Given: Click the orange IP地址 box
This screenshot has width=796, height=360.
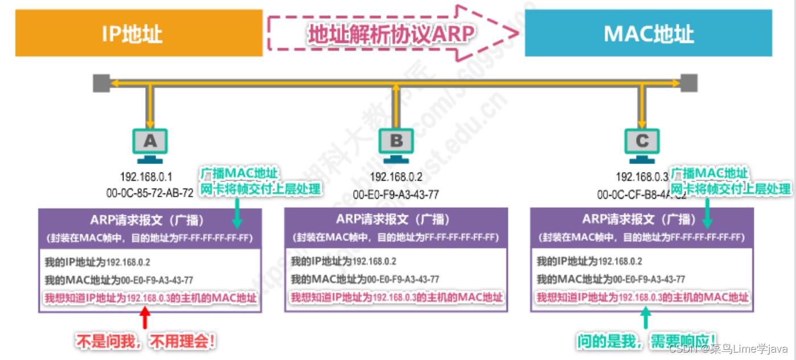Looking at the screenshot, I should tap(138, 33).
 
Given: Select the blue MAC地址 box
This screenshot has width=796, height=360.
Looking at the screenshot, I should tap(648, 33).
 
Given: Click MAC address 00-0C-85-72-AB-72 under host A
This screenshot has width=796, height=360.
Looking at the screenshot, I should tap(150, 193).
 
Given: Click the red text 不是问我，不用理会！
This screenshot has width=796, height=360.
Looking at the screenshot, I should tap(146, 342).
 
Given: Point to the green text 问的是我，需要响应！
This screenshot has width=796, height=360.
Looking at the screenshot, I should tap(646, 342).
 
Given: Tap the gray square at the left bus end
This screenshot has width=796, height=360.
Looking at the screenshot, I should tap(101, 83).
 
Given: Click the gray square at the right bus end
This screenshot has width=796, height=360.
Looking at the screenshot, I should tap(689, 83).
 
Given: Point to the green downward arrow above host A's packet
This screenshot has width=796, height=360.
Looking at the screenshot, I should tap(237, 214).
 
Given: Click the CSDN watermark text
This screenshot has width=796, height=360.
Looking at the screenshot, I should tap(728, 349).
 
